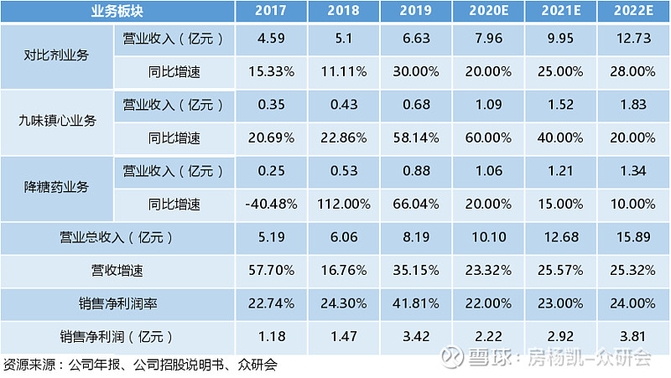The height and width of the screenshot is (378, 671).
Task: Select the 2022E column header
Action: [633, 12]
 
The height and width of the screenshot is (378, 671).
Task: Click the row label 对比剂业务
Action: [55, 56]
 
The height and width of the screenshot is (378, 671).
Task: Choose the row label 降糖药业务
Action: [55, 186]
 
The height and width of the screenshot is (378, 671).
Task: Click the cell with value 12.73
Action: [633, 40]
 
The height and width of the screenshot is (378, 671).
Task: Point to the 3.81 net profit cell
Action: [633, 337]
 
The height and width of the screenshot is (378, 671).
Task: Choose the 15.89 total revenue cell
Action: [633, 238]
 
